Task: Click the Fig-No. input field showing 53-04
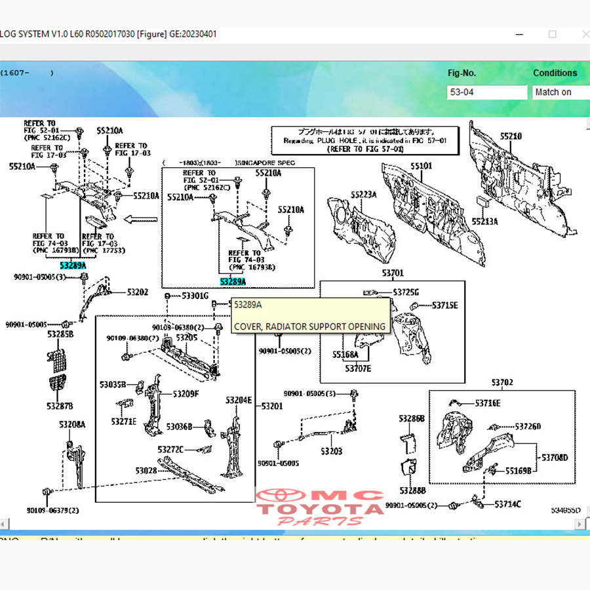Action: (x=487, y=92)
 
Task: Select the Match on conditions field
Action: (x=560, y=92)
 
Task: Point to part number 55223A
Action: (x=363, y=195)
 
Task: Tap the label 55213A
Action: (x=486, y=222)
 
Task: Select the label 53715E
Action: (x=444, y=305)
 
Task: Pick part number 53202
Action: (x=138, y=292)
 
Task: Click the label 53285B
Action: (x=60, y=334)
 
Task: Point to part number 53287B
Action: (x=60, y=406)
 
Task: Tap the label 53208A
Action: (x=72, y=425)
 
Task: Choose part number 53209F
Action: (x=186, y=394)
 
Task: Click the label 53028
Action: (x=146, y=471)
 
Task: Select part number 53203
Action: (x=332, y=451)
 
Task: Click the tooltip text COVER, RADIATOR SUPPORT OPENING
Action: (x=309, y=326)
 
